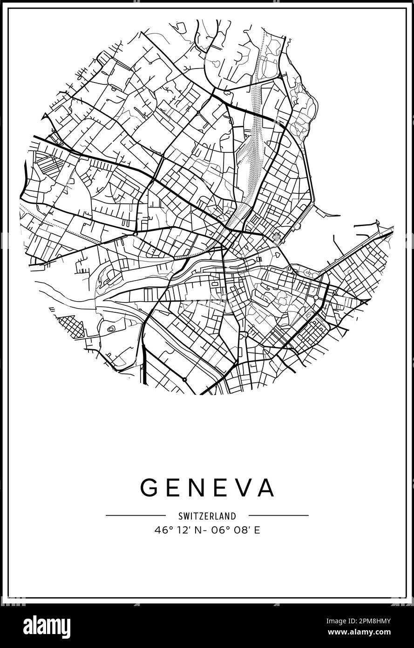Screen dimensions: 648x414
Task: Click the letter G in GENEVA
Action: point(149,488)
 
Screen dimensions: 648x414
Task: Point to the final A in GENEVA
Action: point(265,488)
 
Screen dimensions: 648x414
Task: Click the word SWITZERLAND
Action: point(207,516)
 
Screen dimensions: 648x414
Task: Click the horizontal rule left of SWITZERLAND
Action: point(136,516)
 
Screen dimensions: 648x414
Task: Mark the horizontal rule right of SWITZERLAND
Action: point(278,516)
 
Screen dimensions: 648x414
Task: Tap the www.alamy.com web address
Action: point(371,633)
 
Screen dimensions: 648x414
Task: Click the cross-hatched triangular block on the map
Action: point(71,326)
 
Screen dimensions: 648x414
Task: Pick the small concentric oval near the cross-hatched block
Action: point(111,329)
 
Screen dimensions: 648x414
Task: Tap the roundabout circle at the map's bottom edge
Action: point(184,380)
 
